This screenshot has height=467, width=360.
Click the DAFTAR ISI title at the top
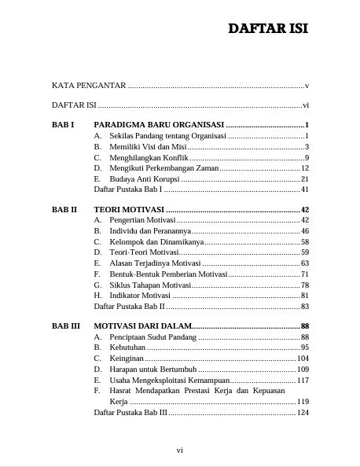click(x=267, y=29)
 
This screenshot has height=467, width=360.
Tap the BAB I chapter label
click(x=62, y=125)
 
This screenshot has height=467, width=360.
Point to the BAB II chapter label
click(x=64, y=210)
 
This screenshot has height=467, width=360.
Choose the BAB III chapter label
click(x=65, y=325)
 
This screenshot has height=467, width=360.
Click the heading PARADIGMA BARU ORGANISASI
click(x=159, y=125)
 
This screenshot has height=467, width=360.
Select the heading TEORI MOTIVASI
click(x=129, y=210)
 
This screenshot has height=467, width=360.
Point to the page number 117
click(x=303, y=380)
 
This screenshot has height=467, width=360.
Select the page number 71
click(x=305, y=274)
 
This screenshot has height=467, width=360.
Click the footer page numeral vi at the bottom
click(x=179, y=450)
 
